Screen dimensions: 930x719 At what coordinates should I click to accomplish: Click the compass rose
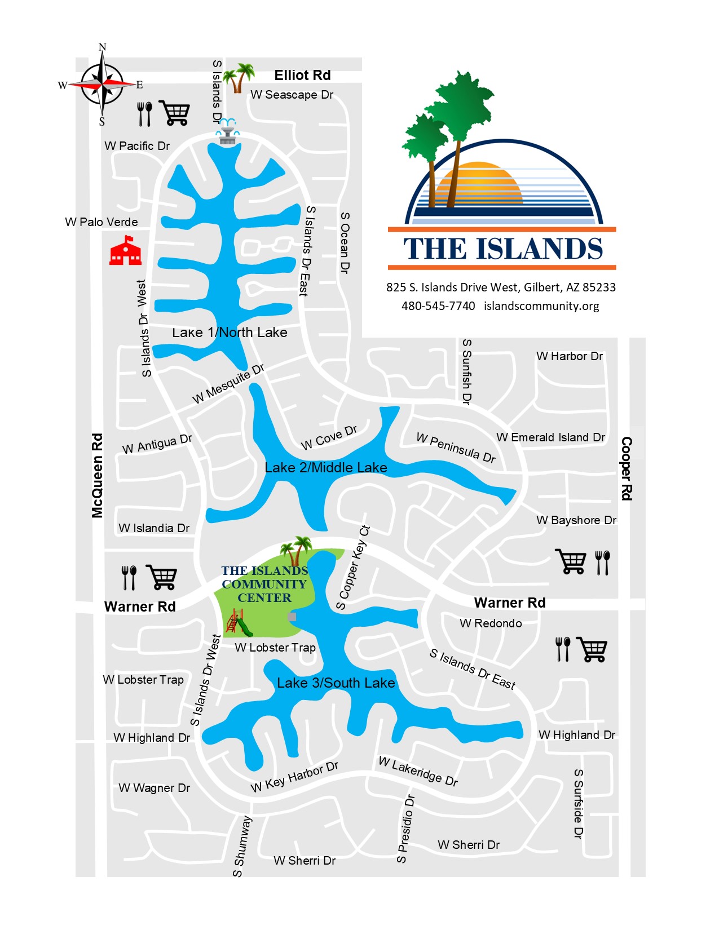tap(102, 85)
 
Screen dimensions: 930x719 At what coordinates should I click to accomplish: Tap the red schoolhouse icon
tap(125, 251)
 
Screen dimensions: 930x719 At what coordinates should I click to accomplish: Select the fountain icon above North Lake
tap(227, 131)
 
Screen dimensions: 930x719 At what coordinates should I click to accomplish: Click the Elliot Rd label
tap(302, 76)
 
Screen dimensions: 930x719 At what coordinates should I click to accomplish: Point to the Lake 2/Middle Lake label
tap(326, 468)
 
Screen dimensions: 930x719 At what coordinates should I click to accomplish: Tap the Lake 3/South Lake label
tap(336, 683)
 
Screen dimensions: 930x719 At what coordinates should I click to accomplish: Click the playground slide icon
tap(239, 622)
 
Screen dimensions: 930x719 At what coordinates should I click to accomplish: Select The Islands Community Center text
tap(264, 584)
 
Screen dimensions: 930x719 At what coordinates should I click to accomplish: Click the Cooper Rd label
tap(626, 468)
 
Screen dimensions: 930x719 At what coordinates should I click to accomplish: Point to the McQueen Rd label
tap(98, 475)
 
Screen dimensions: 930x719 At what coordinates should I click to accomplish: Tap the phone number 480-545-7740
tap(438, 306)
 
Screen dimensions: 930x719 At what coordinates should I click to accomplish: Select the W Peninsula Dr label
tap(456, 448)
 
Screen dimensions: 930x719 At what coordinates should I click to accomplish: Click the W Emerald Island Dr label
tap(550, 437)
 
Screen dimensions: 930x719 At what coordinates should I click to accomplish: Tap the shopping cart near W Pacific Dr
tap(175, 113)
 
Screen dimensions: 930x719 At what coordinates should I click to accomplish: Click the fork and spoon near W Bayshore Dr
tap(602, 563)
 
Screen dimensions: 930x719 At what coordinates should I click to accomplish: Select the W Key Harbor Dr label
tap(294, 777)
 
